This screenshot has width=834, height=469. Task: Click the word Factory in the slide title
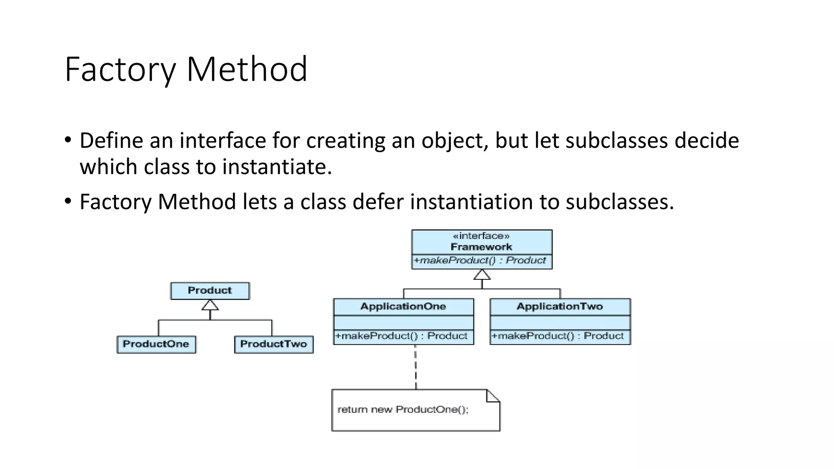120,70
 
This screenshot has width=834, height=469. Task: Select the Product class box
210,291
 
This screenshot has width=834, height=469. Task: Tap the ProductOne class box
156,344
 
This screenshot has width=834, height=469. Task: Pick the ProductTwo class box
274,344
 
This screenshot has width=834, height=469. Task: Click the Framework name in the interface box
481,247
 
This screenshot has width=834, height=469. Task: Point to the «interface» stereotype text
481,236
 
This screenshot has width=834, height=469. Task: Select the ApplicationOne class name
403,307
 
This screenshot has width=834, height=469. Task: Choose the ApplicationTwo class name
560,307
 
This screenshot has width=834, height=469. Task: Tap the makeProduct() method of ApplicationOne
401,336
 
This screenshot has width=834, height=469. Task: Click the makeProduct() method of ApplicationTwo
557,336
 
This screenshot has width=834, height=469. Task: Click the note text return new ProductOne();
403,410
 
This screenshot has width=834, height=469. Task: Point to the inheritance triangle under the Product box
210,305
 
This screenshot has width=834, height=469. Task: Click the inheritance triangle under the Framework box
482,275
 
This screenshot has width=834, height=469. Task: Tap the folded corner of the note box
492,396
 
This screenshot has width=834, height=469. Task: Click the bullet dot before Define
68,140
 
